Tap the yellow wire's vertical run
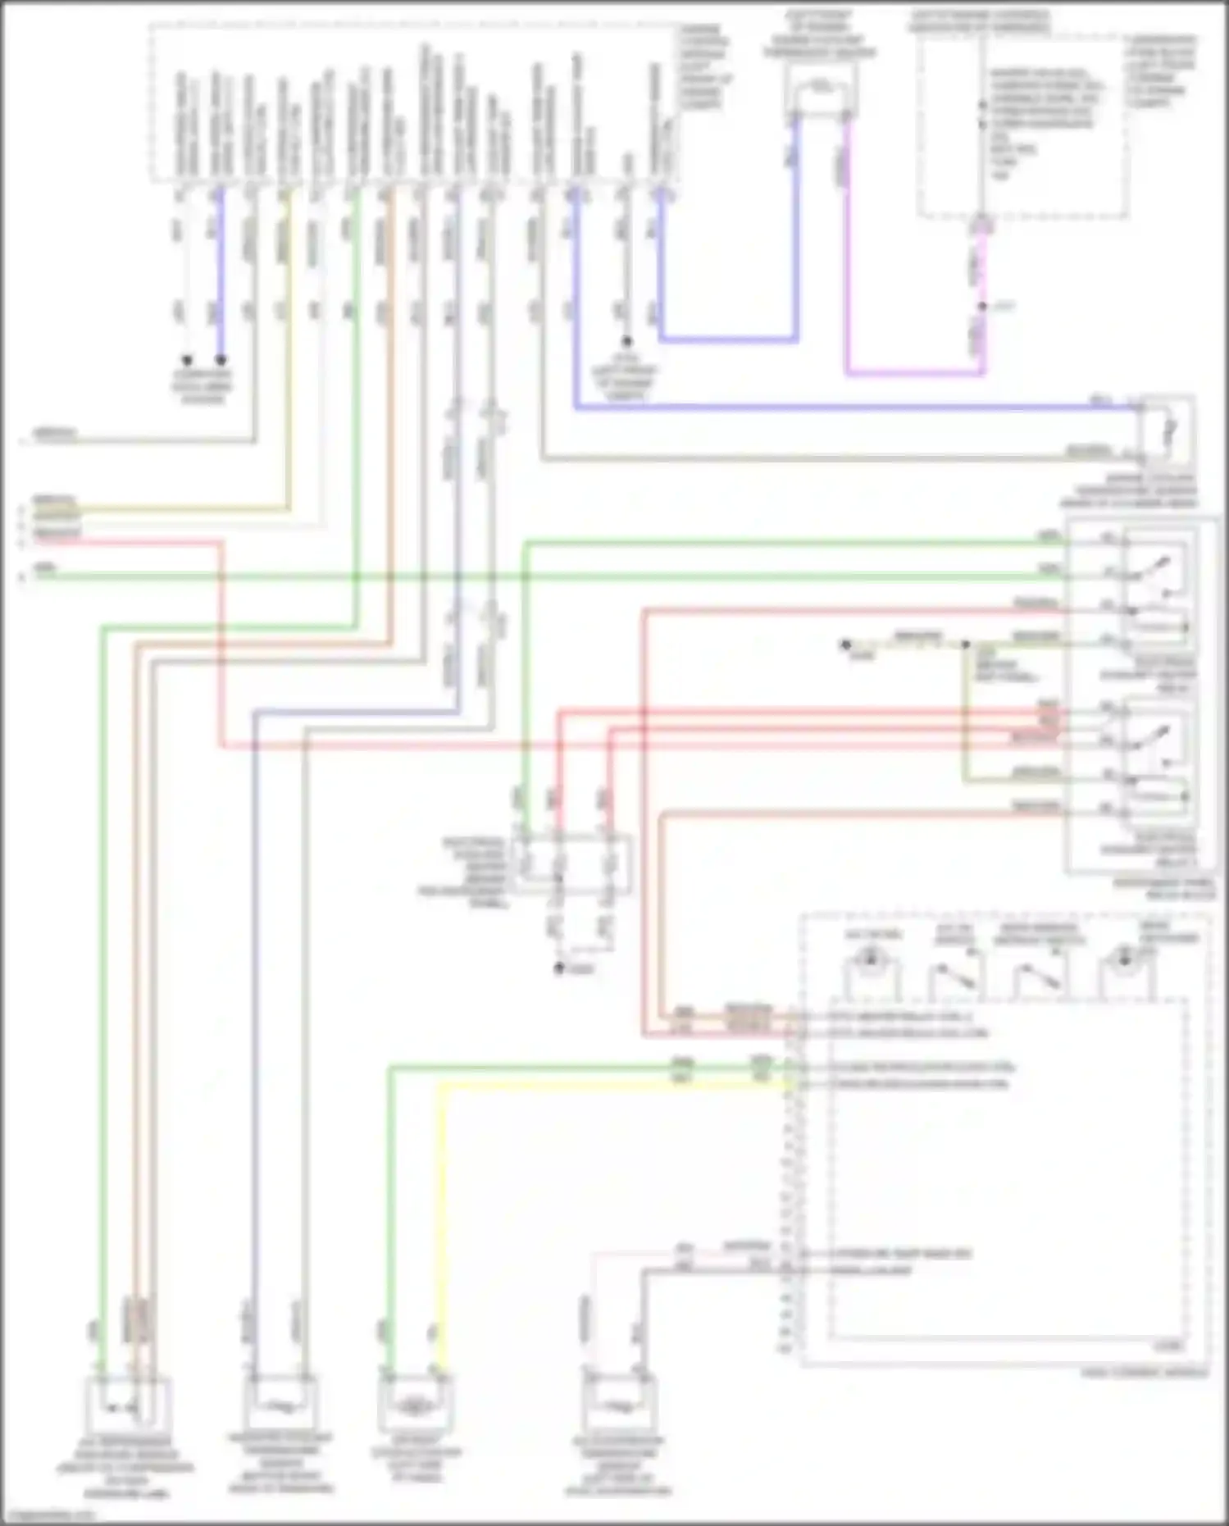tap(444, 1214)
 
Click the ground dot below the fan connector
tap(559, 968)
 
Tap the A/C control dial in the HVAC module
tap(872, 958)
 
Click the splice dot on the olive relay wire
tap(967, 645)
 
